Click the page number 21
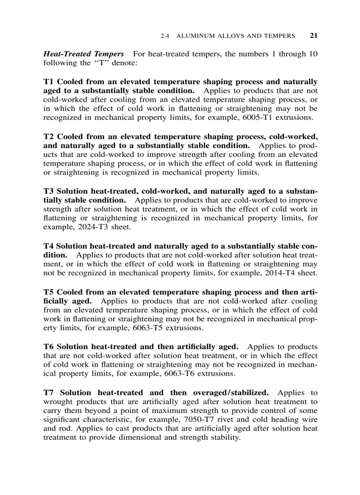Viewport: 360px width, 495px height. point(314,36)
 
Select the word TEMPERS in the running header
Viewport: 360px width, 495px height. point(280,36)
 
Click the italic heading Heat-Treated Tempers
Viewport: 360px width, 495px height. point(83,54)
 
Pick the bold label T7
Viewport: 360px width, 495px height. point(49,392)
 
